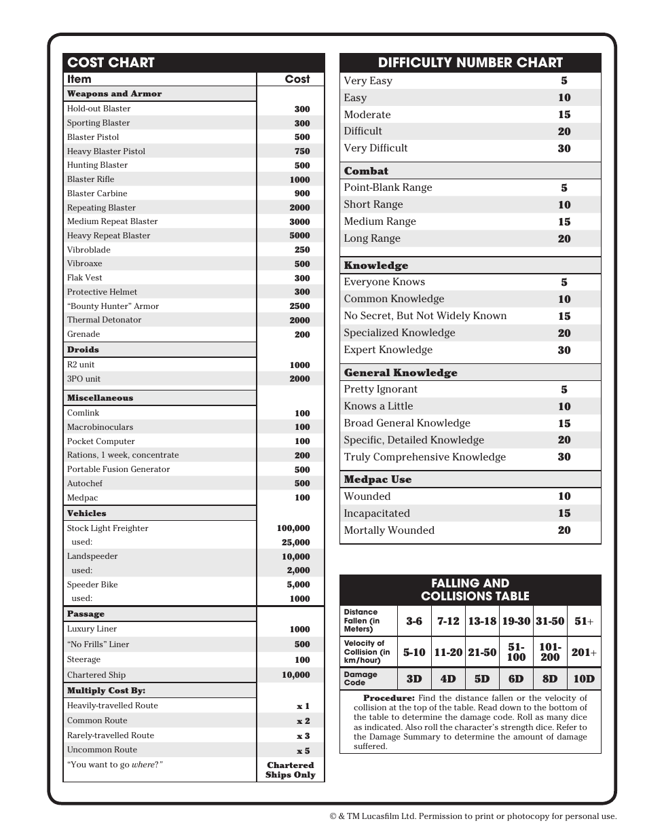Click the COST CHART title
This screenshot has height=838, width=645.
click(x=111, y=62)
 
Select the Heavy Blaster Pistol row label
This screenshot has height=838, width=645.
click(x=106, y=151)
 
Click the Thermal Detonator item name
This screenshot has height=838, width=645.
click(x=104, y=320)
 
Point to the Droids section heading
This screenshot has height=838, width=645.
click(x=83, y=350)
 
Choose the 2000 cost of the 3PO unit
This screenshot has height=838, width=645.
click(x=299, y=379)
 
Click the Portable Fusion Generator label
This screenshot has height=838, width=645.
click(x=118, y=469)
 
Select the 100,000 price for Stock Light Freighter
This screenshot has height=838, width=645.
click(x=293, y=528)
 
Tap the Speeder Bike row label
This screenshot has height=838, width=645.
click(x=92, y=585)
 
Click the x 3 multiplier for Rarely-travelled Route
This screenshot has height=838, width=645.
click(x=303, y=735)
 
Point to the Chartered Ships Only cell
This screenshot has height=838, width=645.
click(x=291, y=770)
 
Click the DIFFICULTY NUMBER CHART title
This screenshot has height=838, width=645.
click(x=470, y=62)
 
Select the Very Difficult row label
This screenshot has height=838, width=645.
click(x=375, y=148)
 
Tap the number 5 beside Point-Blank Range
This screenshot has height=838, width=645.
click(x=564, y=188)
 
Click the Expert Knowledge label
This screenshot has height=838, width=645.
click(x=388, y=350)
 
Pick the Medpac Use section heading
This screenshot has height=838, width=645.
click(x=377, y=479)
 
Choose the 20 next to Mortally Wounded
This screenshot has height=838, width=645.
click(x=564, y=530)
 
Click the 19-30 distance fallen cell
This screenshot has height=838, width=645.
click(x=516, y=621)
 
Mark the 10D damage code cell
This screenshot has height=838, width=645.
click(x=584, y=678)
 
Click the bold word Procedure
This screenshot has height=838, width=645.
click(x=388, y=698)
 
